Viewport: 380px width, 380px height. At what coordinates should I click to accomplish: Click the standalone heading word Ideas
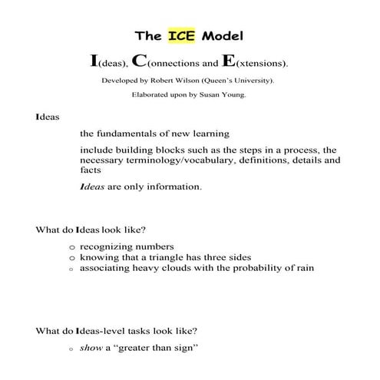[46, 117]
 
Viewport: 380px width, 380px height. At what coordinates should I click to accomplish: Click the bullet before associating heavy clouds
[71, 269]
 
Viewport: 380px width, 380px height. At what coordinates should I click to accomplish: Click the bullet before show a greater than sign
[71, 349]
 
